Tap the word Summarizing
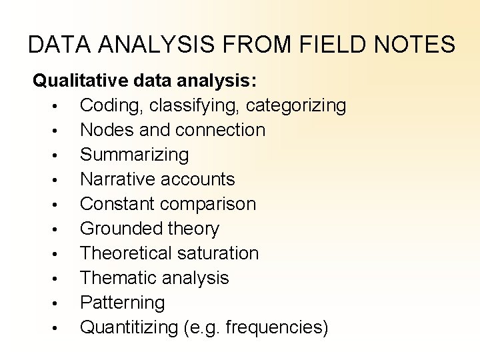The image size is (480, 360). [x=134, y=155]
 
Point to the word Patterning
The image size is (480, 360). [x=122, y=303]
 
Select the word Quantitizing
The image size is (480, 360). [x=129, y=327]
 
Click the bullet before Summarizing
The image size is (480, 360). [x=59, y=156]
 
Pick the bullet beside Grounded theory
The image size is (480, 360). [x=59, y=230]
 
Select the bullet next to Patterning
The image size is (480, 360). [x=59, y=304]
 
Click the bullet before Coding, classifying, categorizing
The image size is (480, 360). [x=59, y=107]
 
